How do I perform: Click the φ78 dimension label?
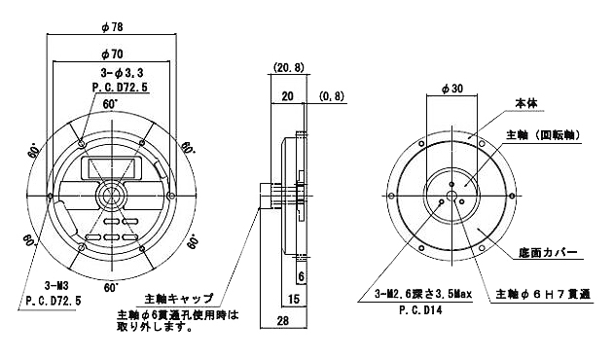point(112,27)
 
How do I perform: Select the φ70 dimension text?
point(112,54)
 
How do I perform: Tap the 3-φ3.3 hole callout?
point(122,73)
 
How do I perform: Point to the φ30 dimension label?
point(451,90)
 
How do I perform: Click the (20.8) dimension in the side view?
point(288,68)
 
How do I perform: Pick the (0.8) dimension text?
point(332,95)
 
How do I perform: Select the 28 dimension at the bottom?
point(282,321)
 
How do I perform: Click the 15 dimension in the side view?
point(294,299)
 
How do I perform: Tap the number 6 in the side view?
point(301,276)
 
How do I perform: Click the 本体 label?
point(525,103)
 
